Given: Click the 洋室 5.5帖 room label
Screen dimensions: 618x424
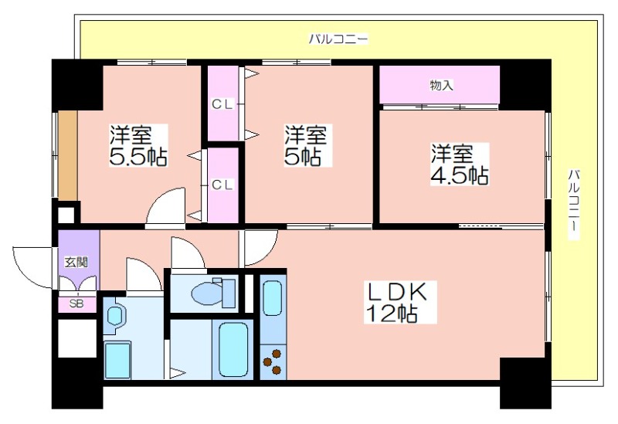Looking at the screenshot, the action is (138, 145).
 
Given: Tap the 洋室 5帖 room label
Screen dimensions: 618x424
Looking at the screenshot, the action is (305, 145).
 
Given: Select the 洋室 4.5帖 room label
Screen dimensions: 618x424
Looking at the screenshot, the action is (459, 165).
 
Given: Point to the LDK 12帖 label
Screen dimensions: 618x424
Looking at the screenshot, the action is (397, 302).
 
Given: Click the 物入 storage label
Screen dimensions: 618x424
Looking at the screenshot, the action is (441, 85).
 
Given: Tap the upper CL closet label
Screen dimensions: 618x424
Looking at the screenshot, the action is (222, 104).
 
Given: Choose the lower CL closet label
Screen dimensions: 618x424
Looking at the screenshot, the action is (222, 185).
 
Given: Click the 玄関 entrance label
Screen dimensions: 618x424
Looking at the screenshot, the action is (76, 262).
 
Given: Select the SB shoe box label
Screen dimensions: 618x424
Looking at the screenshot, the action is (76, 304).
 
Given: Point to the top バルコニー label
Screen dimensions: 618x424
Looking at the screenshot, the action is (338, 39).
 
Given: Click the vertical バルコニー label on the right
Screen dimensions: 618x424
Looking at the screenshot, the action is (574, 204).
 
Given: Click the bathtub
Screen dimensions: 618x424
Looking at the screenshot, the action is (234, 350).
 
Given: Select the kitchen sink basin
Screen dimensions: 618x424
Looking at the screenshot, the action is (273, 298).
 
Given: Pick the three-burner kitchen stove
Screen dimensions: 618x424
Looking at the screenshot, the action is (273, 361).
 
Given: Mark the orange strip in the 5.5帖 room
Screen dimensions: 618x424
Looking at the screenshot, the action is (67, 155).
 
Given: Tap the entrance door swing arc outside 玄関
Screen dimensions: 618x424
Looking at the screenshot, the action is (28, 272).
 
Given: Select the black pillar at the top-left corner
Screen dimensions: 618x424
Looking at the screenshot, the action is (77, 85).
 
